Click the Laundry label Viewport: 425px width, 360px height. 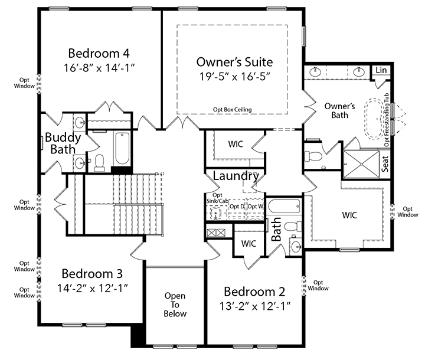click(x=236, y=176)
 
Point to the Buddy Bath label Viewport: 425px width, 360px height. click(x=63, y=143)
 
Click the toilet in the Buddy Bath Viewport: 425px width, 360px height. click(x=100, y=161)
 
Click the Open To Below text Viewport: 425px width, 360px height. click(x=175, y=305)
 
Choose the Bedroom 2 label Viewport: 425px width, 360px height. click(x=255, y=292)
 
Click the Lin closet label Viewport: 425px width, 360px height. click(x=381, y=70)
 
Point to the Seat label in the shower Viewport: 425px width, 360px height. click(x=385, y=163)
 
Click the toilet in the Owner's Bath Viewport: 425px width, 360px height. click(x=314, y=156)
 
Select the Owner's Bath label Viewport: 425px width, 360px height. click(x=339, y=110)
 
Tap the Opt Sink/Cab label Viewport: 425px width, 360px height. click(x=217, y=198)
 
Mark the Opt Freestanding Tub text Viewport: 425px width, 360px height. click(x=387, y=122)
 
